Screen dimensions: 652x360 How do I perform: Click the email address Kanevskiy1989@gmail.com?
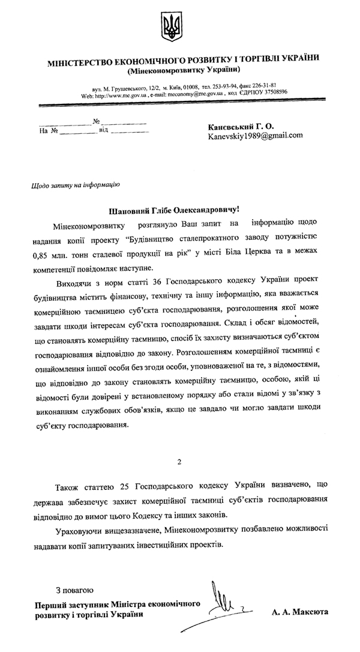255,136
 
